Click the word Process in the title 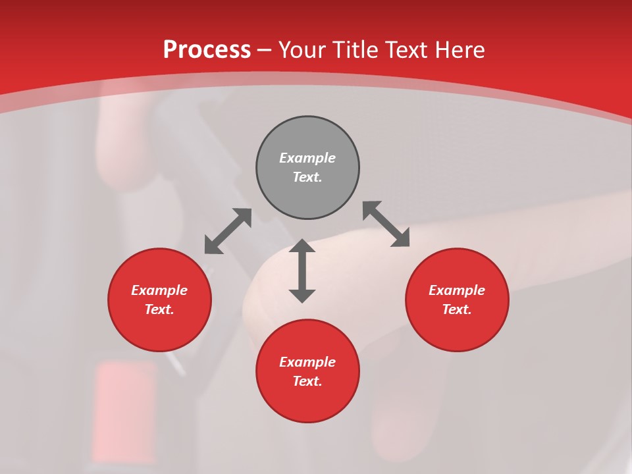(207, 50)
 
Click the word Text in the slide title (407, 50)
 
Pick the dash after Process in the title (264, 51)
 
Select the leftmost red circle (159, 300)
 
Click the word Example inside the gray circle (307, 158)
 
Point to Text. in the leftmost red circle (159, 309)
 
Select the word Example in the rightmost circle (457, 290)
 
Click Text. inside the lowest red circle (307, 381)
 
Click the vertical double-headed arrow (302, 271)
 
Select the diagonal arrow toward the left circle (228, 231)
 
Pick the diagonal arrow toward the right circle (386, 224)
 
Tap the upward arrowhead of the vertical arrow (302, 246)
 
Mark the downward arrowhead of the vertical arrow (302, 296)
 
